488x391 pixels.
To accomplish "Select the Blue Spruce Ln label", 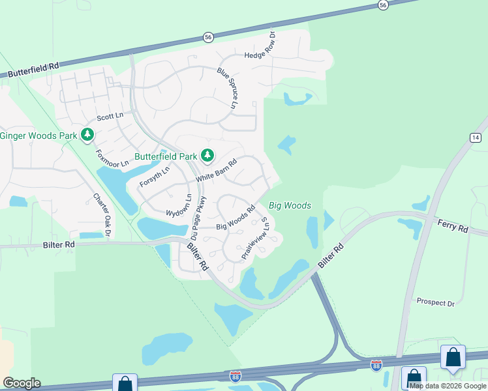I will point(228,89).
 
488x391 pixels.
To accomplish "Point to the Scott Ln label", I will point(110,117).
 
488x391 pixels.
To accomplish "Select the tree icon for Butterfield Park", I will point(207,155).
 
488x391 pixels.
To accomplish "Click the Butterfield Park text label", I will point(165,156).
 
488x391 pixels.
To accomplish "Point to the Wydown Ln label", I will point(178,206).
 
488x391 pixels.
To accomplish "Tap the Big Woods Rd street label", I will point(235,218).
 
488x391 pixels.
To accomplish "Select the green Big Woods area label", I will point(290,206).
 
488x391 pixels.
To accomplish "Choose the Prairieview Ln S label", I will point(255,239).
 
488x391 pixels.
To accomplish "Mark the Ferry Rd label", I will point(453,229).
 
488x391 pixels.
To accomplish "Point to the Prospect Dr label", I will point(435,303).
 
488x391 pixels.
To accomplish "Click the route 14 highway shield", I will point(476,137).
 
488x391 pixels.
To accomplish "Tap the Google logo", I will point(22,383).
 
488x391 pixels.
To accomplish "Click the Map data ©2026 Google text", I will point(448,386).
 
